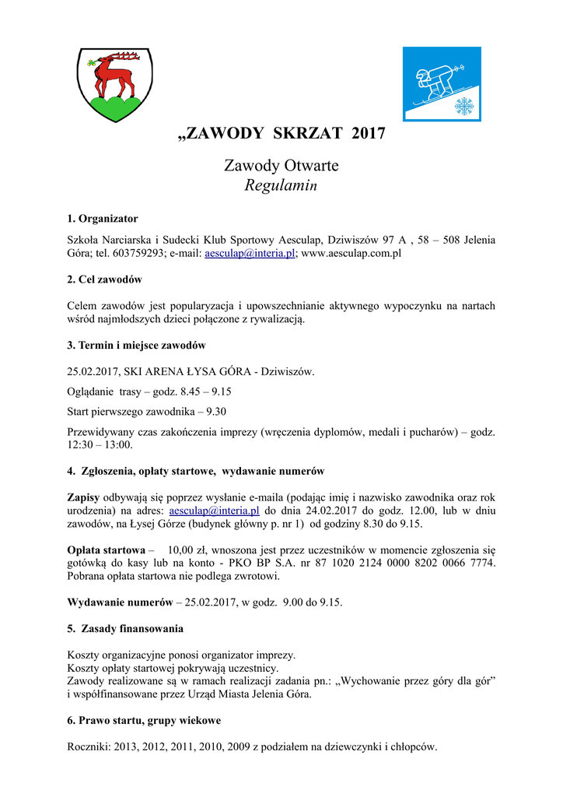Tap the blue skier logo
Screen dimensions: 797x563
pos(441,84)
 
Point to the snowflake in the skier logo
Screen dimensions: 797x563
pos(464,106)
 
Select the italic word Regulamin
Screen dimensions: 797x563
pos(281,185)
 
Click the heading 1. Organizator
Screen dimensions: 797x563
pos(103,219)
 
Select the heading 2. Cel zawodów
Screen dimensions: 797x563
pos(104,279)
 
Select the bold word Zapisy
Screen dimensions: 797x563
pos(84,497)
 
